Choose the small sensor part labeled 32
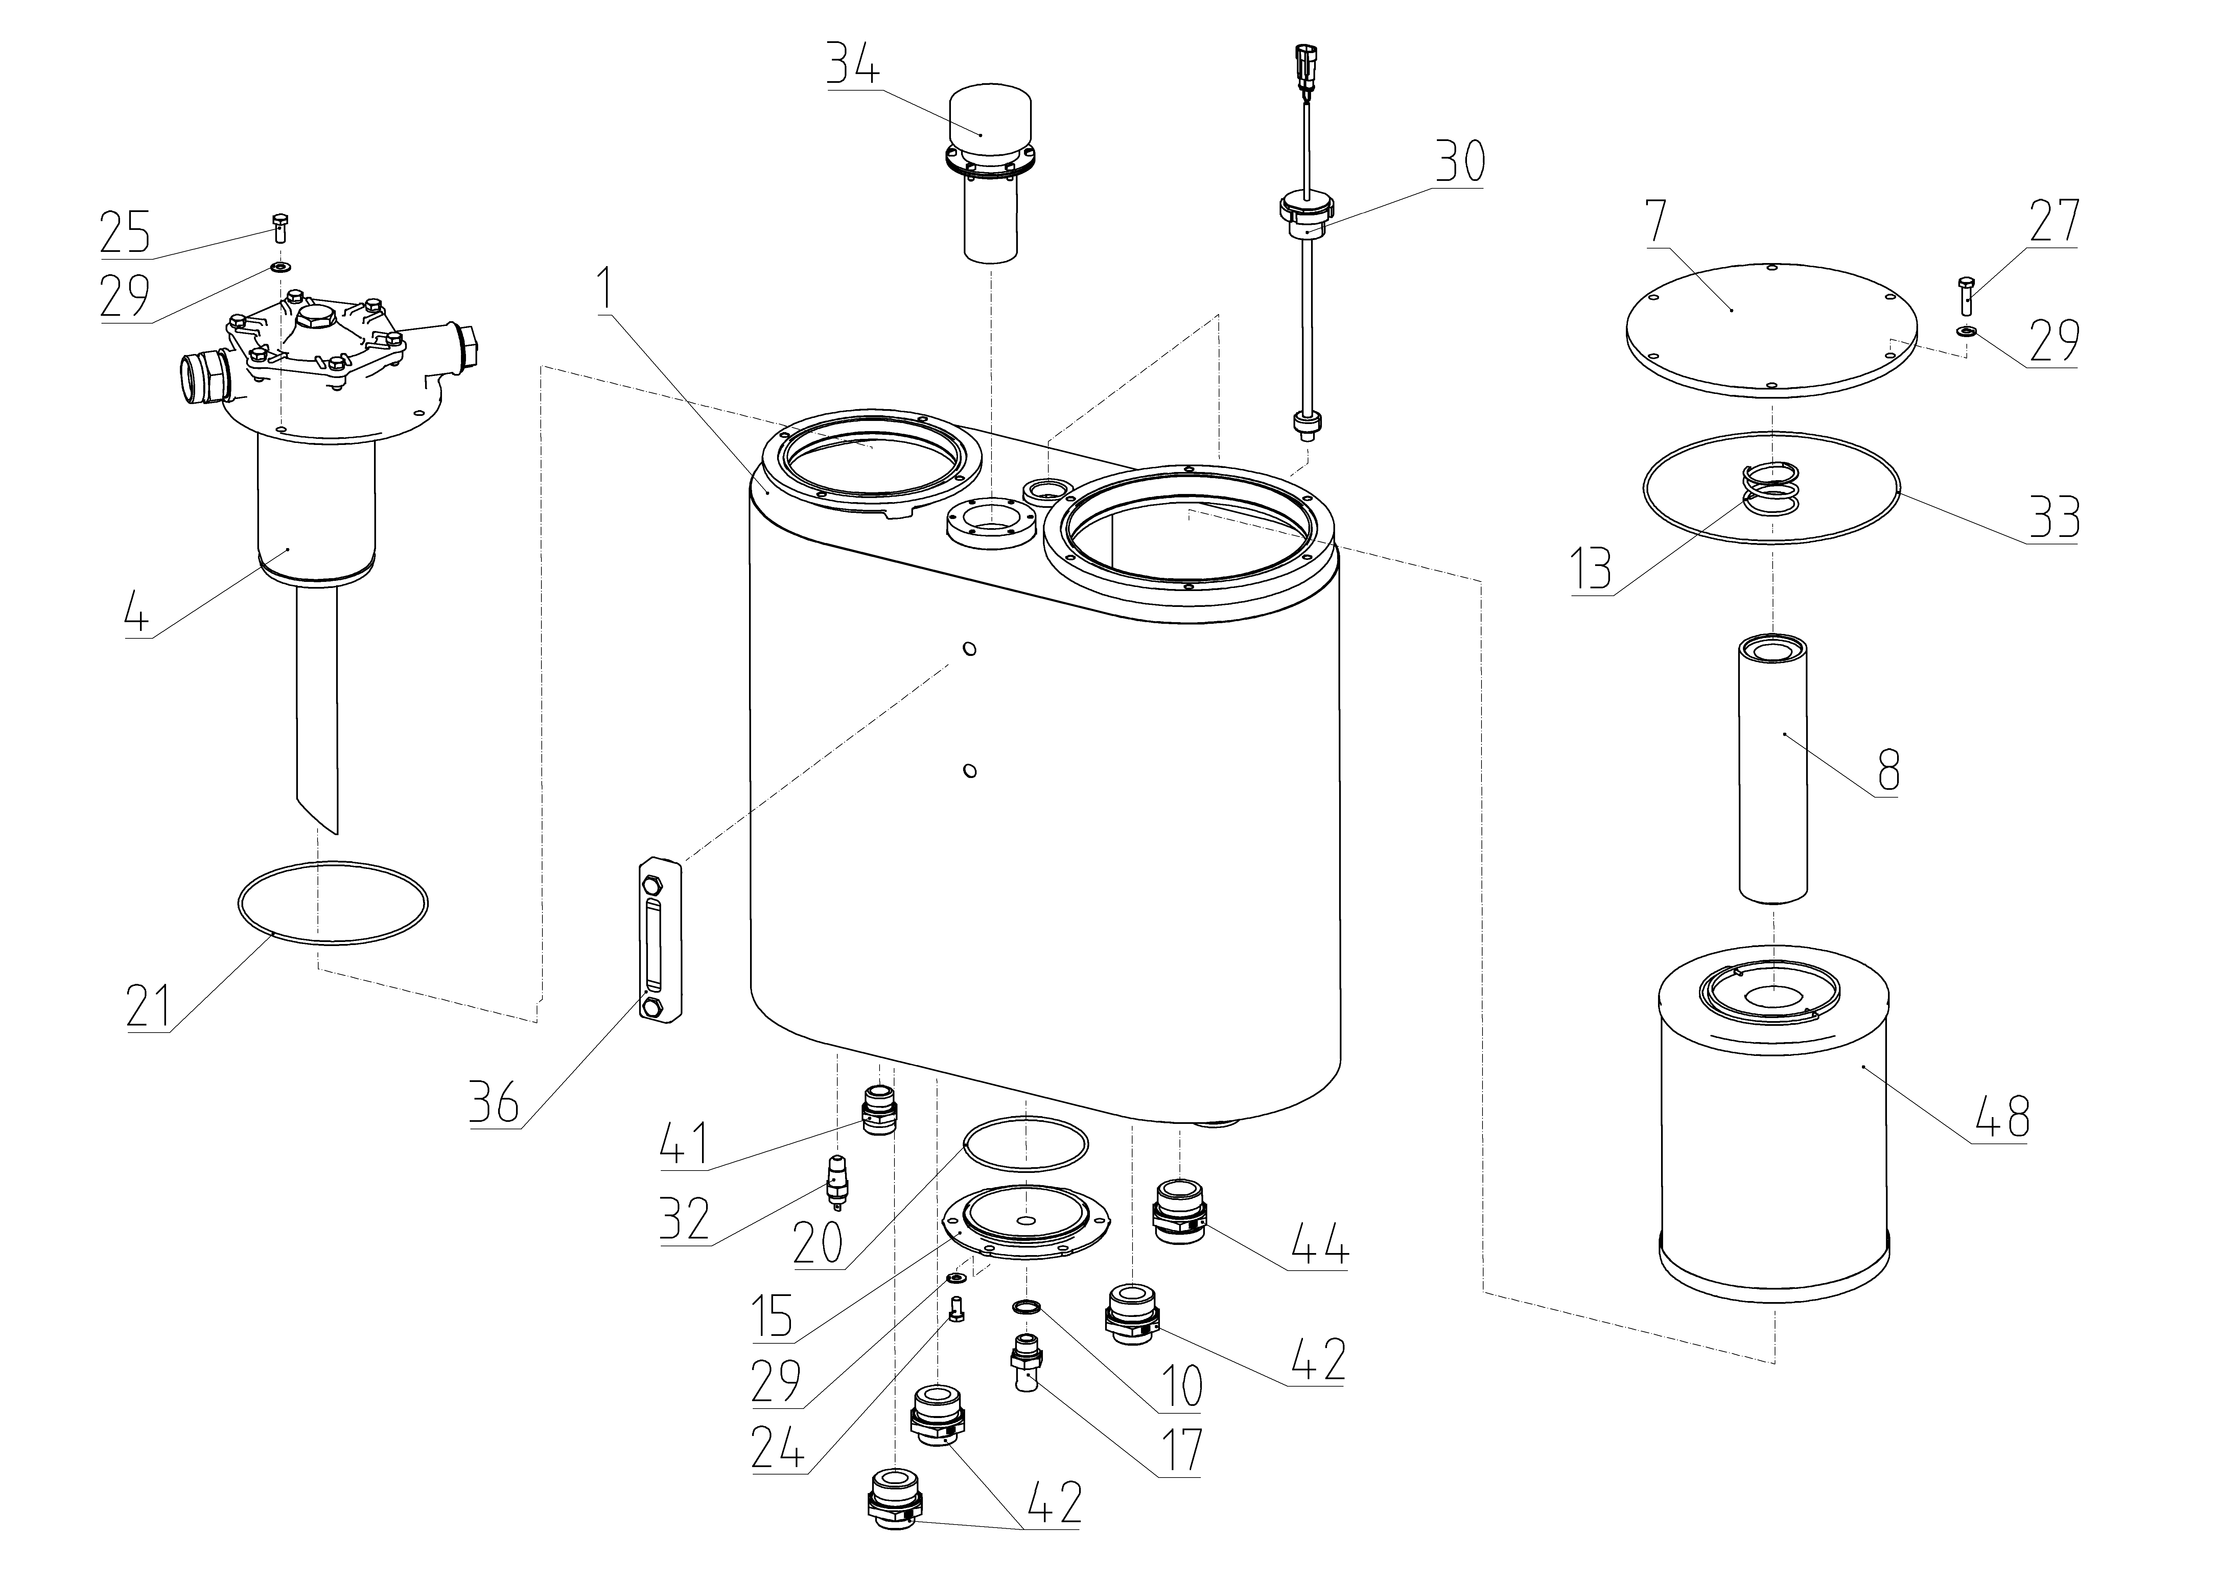point(835,1181)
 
